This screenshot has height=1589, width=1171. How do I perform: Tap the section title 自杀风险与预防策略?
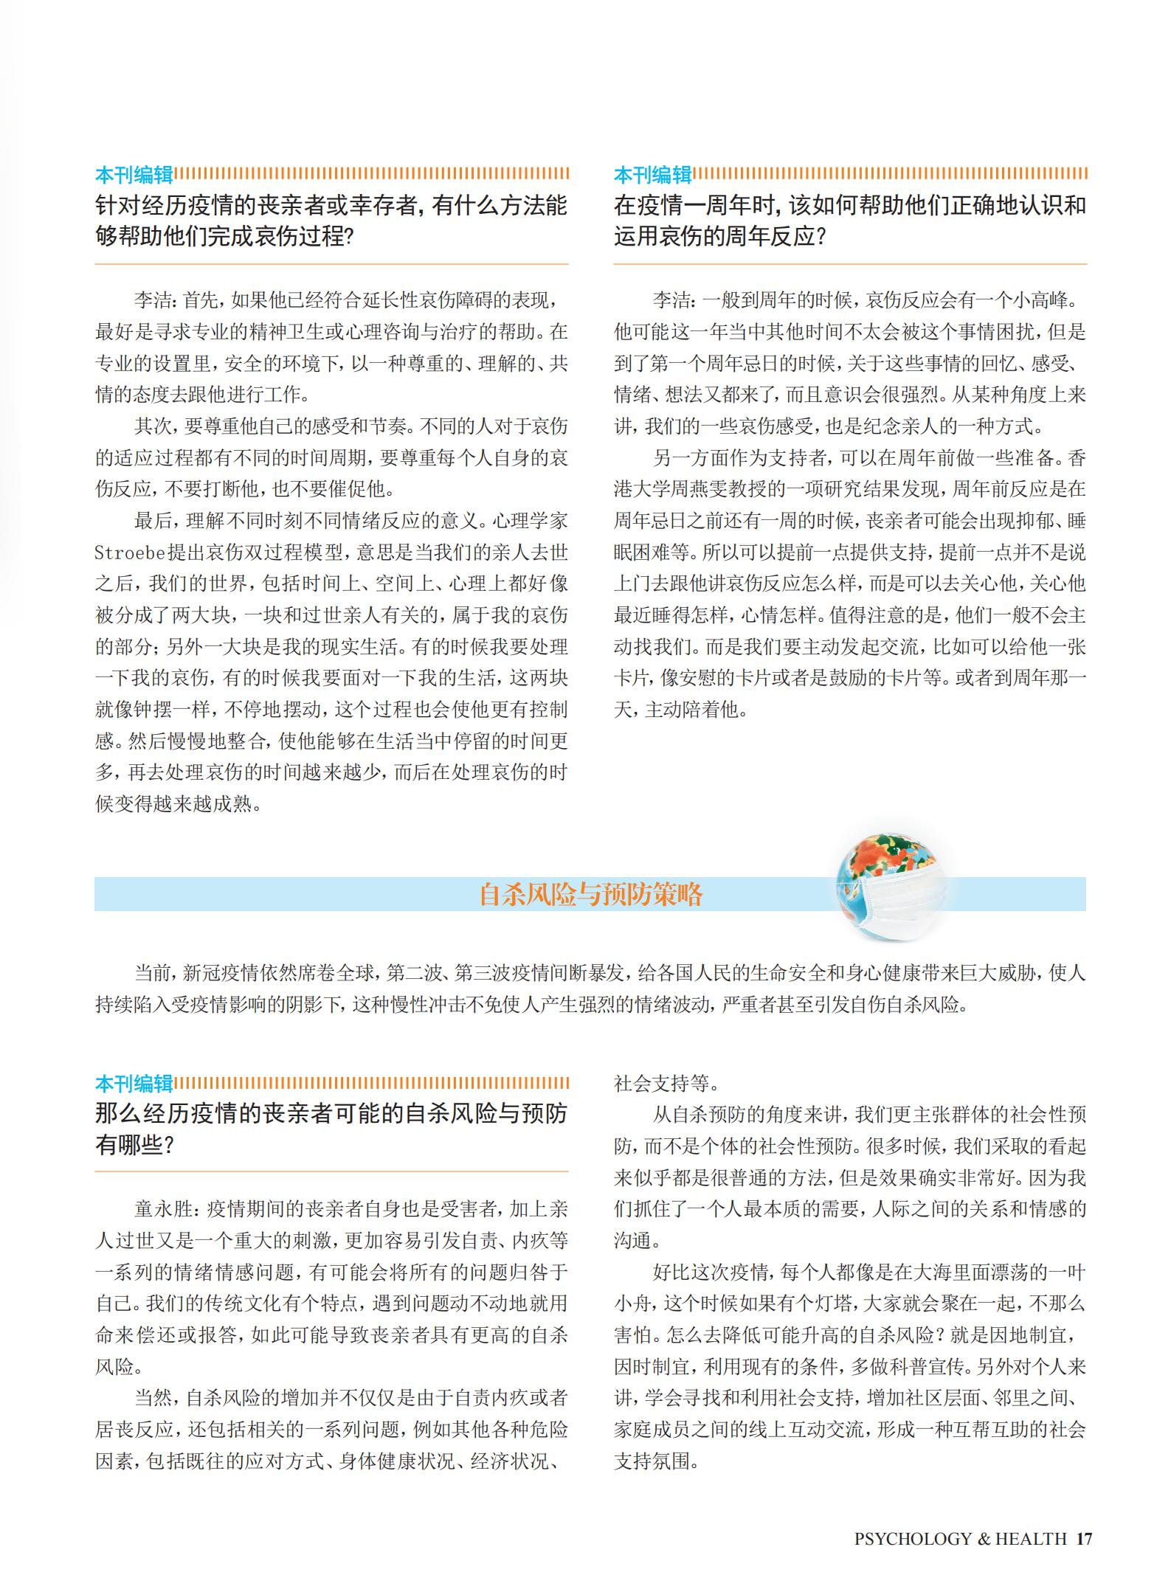(x=590, y=894)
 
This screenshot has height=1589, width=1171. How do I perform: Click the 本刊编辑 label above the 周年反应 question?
(x=652, y=175)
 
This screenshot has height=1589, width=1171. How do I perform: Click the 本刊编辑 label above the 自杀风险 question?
(x=134, y=1083)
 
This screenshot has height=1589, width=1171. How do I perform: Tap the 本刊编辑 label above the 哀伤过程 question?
(x=134, y=175)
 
